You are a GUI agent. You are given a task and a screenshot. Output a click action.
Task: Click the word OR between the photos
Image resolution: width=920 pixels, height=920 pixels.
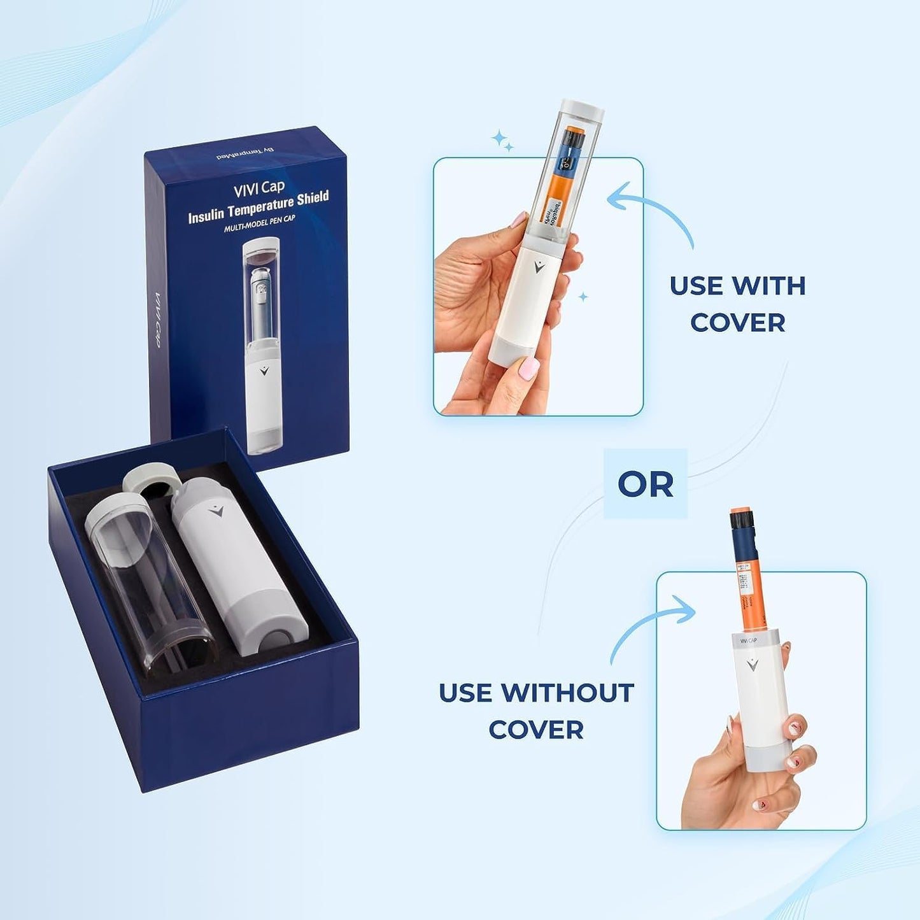point(646,485)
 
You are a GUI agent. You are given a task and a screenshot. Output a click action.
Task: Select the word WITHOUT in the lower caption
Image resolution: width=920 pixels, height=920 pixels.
point(568,693)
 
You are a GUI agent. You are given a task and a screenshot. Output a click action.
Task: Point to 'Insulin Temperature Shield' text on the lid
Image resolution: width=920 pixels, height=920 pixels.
point(258,208)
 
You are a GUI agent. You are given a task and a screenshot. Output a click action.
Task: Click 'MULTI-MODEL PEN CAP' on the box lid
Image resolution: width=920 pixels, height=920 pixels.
point(260,223)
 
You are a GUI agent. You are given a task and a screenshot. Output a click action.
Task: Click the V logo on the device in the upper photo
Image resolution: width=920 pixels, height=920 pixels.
point(539,267)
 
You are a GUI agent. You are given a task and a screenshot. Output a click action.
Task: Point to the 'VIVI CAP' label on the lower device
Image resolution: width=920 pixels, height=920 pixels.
point(748,640)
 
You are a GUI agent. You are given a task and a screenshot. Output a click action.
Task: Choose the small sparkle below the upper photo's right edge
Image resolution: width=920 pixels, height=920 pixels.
point(583,297)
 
